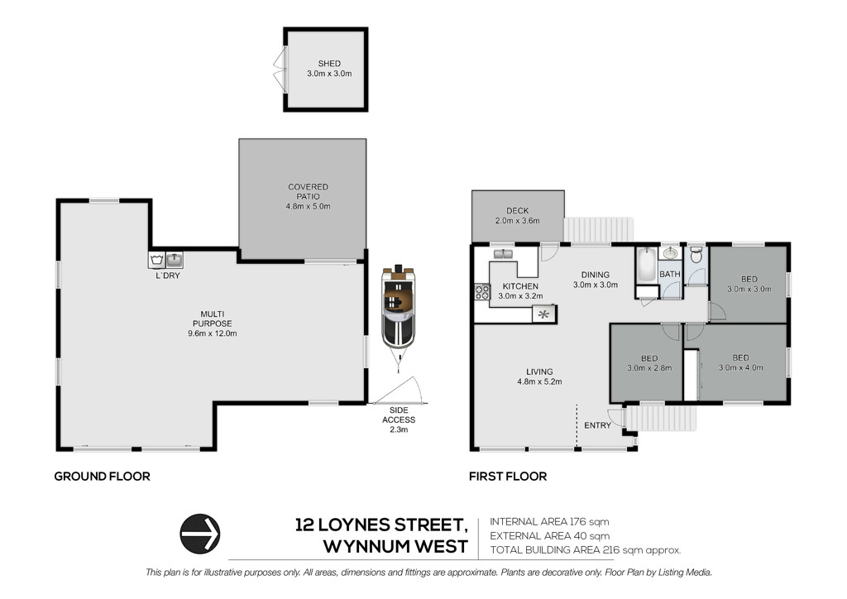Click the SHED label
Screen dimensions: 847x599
329,64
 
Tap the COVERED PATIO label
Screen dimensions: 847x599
308,192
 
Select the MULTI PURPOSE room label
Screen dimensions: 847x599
213,319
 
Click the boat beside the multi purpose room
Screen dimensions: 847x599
399,310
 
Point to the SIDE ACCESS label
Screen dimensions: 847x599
399,415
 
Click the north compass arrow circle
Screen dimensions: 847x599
200,534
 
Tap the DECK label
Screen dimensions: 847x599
518,211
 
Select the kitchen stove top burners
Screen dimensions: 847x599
482,292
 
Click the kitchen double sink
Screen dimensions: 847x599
503,254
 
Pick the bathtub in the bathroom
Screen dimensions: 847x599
646,265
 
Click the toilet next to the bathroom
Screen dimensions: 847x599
696,255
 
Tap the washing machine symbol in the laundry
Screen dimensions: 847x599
156,260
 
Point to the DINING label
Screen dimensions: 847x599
596,275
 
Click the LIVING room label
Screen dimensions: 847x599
539,371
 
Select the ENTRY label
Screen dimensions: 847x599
597,425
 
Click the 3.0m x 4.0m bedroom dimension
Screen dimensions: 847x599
740,367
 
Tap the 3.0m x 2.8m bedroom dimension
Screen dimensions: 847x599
649,368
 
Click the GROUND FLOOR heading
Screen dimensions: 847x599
102,477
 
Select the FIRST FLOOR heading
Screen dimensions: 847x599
508,477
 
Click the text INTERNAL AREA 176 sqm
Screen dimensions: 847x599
549,522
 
